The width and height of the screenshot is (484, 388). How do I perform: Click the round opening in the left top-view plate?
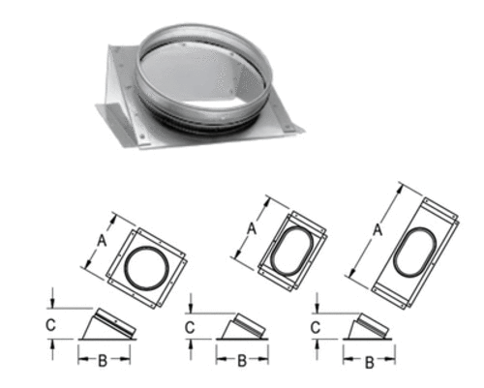[148, 264]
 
